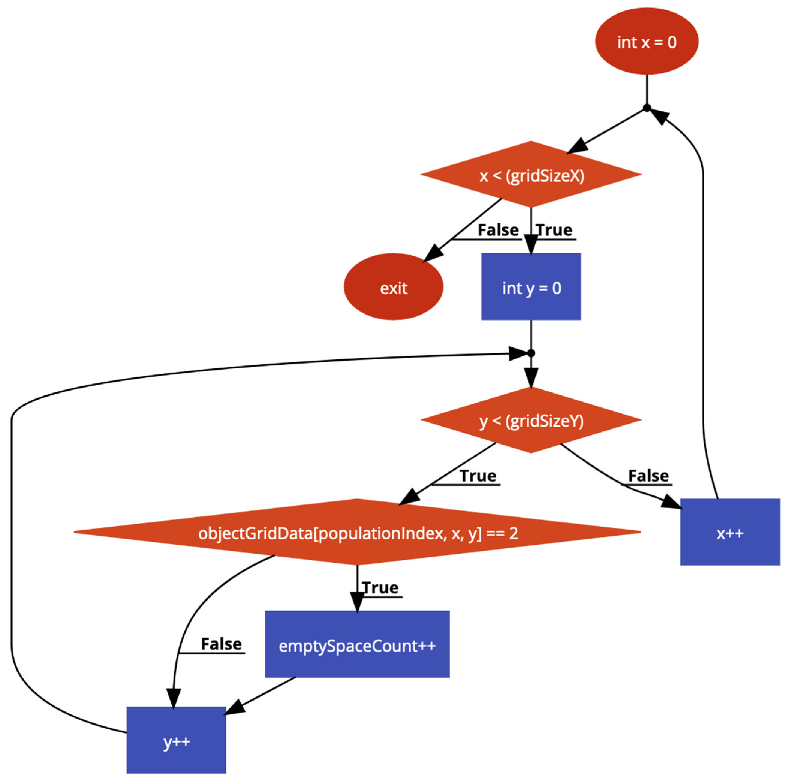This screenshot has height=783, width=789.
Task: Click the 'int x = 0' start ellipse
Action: (x=647, y=42)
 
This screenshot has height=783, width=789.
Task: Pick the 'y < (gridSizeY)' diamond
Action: (x=531, y=420)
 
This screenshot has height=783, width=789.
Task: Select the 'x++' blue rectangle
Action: (x=730, y=533)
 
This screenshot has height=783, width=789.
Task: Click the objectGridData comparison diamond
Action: (x=357, y=533)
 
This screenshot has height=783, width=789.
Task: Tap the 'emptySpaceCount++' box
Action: (x=357, y=646)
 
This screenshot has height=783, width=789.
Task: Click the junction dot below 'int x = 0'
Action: (x=647, y=108)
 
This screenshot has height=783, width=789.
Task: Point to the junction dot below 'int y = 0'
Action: (x=531, y=353)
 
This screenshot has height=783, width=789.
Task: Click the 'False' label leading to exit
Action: (x=498, y=230)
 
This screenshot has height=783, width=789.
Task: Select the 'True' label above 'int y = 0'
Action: (x=554, y=230)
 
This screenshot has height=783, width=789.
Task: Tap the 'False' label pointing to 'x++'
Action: (x=648, y=476)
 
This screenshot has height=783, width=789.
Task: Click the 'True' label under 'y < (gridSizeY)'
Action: (x=478, y=476)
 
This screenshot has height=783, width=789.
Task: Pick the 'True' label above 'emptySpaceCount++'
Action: (x=380, y=588)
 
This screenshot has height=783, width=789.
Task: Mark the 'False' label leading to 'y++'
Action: (x=221, y=644)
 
